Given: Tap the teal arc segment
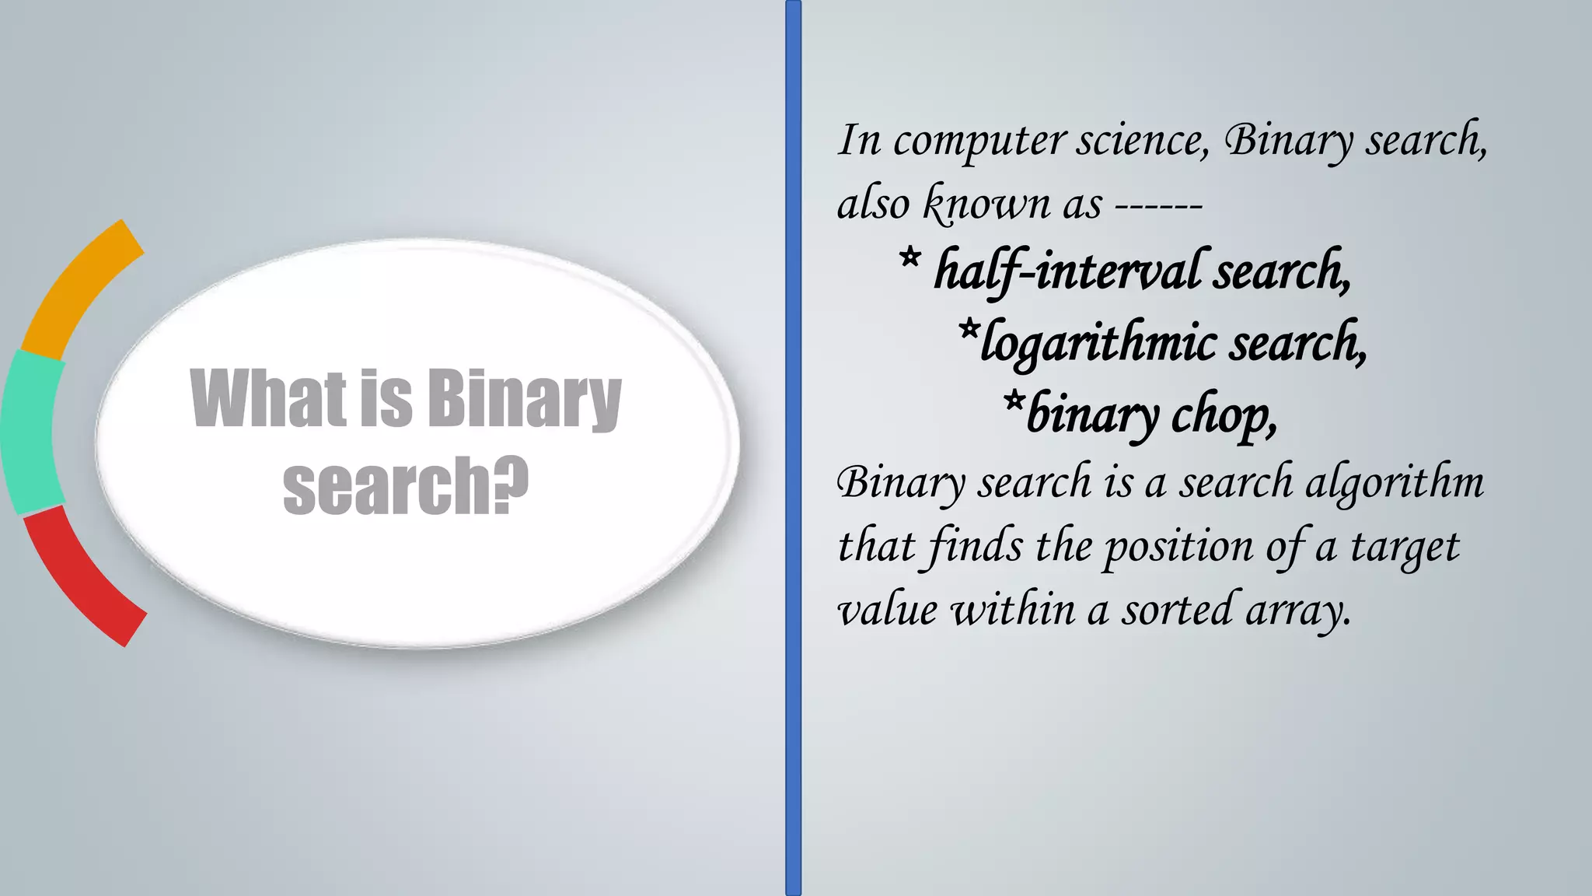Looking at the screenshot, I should (x=31, y=432).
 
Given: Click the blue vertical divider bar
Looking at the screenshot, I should (x=793, y=448).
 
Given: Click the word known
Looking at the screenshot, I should (x=986, y=205).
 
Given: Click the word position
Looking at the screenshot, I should (x=1178, y=547).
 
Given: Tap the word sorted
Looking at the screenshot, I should (x=1176, y=609).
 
